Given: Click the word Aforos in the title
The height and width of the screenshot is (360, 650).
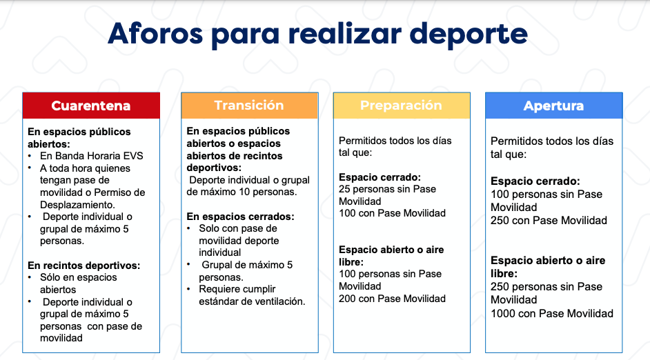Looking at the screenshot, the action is point(155,33).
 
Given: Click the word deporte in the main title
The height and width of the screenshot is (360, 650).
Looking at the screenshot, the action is point(469,34).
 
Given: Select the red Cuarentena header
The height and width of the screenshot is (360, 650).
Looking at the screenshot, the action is point(91,106).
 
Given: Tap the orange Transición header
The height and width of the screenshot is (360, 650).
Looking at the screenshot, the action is point(250,106).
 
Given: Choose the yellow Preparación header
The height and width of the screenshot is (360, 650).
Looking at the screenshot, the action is point(402,106).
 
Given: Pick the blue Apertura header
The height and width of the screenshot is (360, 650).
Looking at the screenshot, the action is point(554,106).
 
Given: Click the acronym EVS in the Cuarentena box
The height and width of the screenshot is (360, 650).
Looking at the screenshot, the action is point(132,156).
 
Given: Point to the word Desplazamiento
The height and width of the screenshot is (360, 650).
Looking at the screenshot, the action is point(77,205).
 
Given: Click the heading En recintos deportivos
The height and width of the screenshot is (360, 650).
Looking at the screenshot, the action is point(83,266).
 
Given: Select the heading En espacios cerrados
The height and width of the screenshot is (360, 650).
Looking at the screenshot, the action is point(240,217).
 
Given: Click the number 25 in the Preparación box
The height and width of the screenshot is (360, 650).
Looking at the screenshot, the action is point(344,190).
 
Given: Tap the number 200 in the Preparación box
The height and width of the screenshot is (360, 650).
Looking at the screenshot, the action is point(347,299).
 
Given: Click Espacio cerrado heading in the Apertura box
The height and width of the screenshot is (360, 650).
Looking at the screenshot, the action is point(535,181).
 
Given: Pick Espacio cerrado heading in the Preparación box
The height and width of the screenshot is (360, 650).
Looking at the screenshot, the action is point(380,177).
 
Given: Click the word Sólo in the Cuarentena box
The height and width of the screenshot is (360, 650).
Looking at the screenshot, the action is point(50,277).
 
